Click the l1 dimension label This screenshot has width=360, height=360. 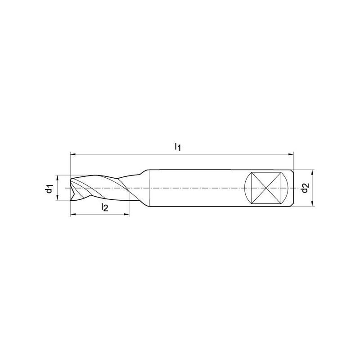pyautogui.click(x=178, y=147)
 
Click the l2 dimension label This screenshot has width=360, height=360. pyautogui.click(x=104, y=207)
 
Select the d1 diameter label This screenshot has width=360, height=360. pyautogui.click(x=49, y=188)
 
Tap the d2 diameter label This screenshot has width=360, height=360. pyautogui.click(x=306, y=188)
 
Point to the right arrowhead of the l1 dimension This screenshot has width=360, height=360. pyautogui.click(x=291, y=154)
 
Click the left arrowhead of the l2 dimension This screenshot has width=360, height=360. pyautogui.click(x=73, y=215)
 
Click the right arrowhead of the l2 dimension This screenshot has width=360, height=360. pyautogui.click(x=126, y=215)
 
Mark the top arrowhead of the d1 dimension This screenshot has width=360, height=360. pyautogui.click(x=58, y=178)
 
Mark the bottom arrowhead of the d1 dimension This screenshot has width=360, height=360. pyautogui.click(x=58, y=198)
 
